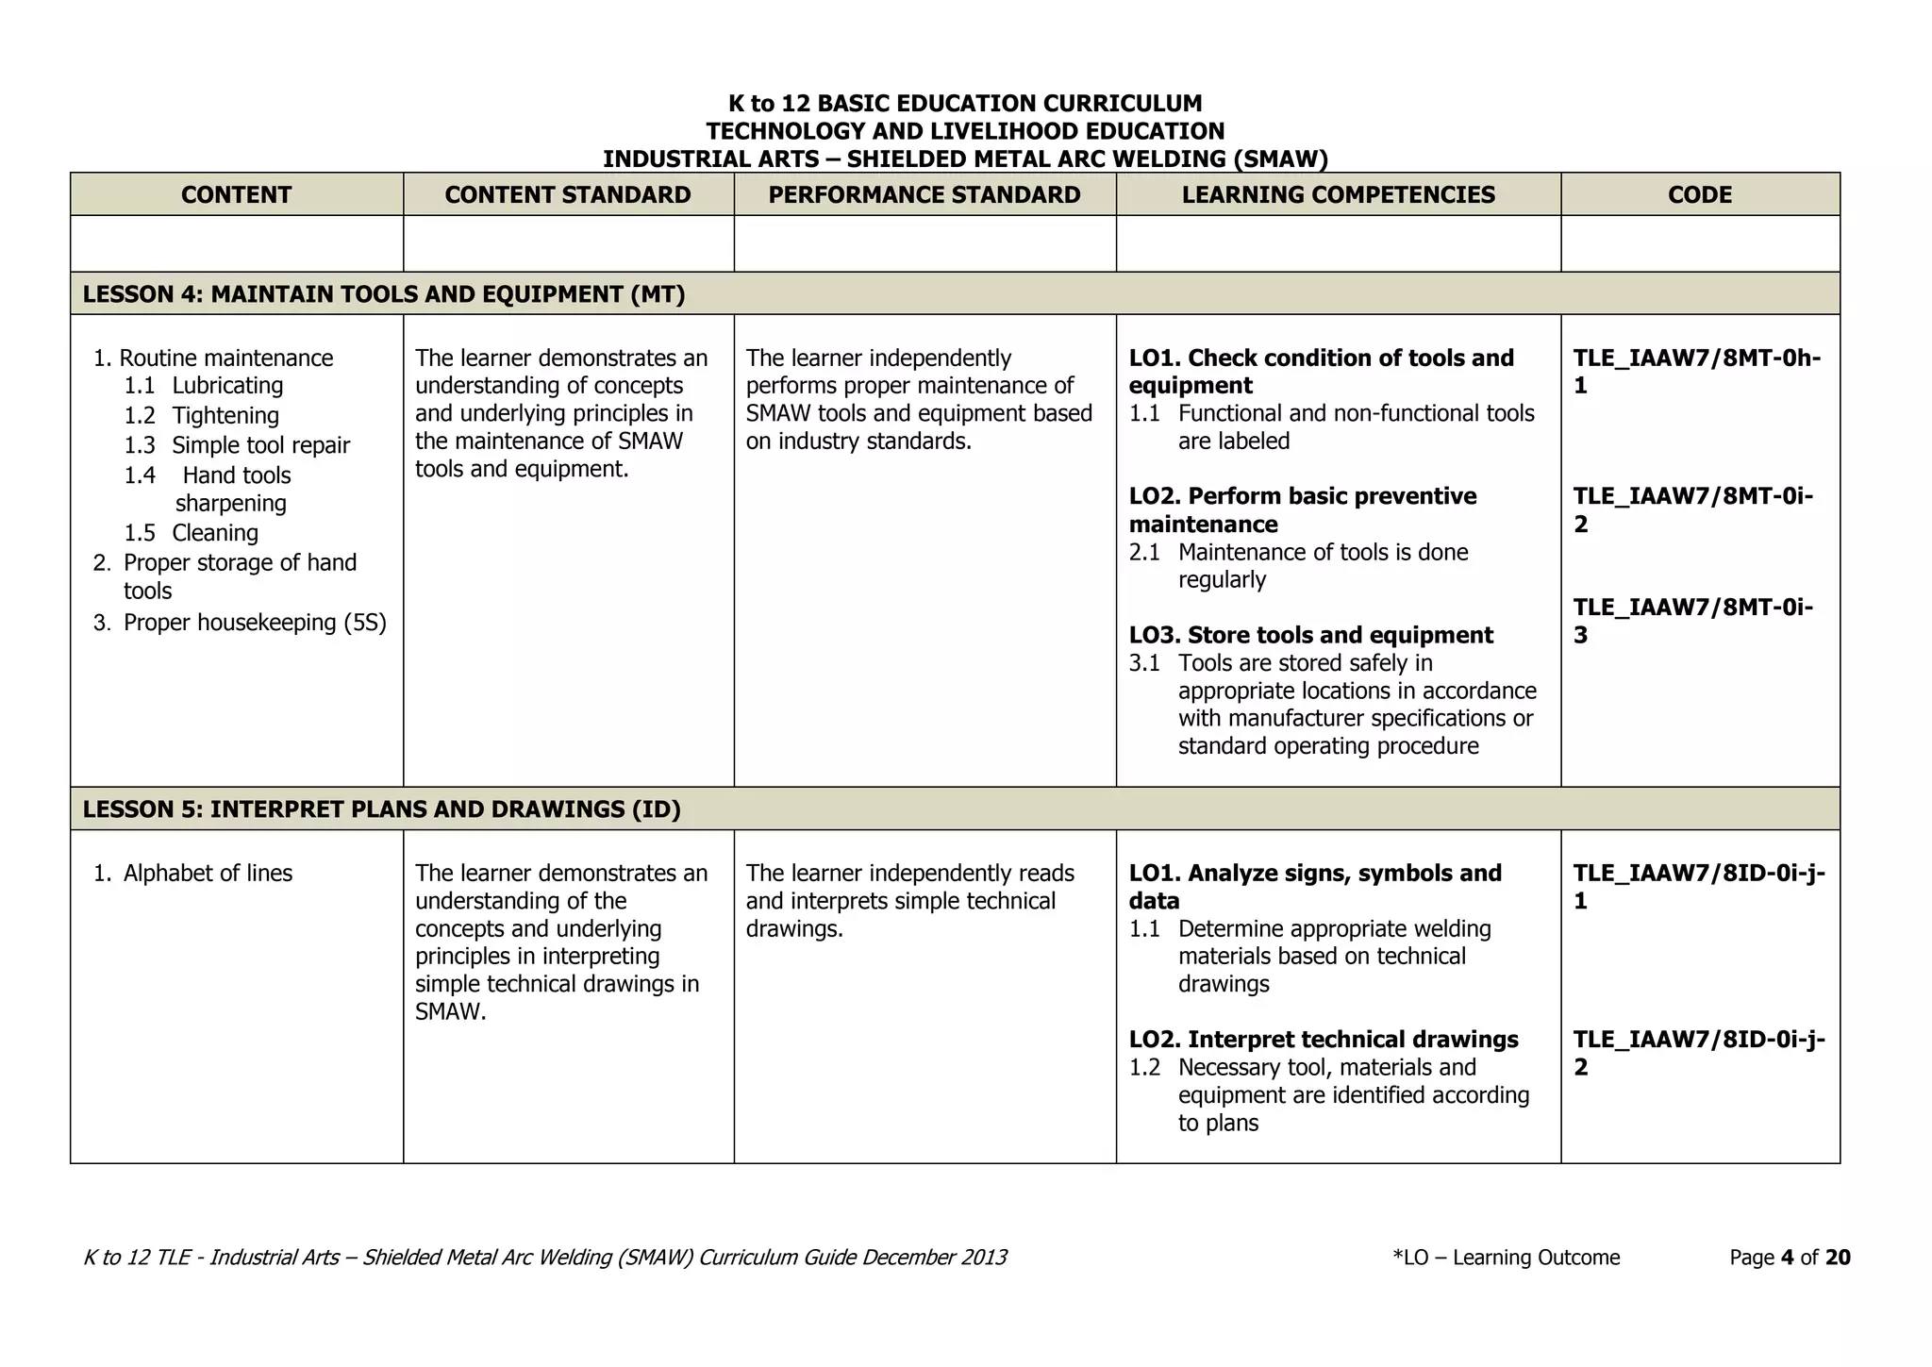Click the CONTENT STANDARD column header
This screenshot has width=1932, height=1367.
click(x=567, y=195)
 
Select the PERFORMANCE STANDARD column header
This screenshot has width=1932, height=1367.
click(x=924, y=195)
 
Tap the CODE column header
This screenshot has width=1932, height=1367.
click(x=1699, y=195)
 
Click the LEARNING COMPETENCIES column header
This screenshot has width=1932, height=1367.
click(x=1338, y=195)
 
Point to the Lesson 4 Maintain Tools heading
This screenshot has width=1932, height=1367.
click(x=383, y=294)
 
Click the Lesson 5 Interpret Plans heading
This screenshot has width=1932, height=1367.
click(x=381, y=809)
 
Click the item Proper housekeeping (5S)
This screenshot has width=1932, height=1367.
click(x=254, y=623)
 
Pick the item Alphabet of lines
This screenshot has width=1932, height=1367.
click(x=208, y=874)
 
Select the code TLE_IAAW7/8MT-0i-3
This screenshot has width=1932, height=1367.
click(x=1692, y=620)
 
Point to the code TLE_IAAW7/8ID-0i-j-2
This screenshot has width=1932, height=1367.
click(x=1698, y=1053)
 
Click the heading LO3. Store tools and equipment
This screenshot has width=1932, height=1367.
click(x=1310, y=636)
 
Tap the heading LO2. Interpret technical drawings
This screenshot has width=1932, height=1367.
click(x=1323, y=1040)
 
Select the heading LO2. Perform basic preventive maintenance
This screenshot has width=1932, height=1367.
click(x=1302, y=509)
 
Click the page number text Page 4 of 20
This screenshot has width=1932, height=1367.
click(x=1789, y=1258)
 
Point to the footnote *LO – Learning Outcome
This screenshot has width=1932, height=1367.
click(x=1506, y=1258)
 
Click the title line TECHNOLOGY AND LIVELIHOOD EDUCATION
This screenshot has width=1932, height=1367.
click(x=965, y=131)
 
